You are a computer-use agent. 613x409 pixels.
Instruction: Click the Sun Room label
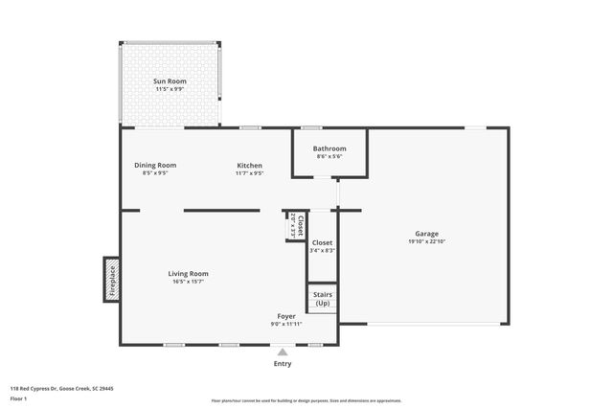tap(170, 81)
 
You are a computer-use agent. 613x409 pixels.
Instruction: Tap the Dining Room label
tap(154, 165)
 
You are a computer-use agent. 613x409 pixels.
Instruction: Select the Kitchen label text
tap(249, 165)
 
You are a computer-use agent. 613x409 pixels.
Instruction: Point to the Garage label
tap(426, 234)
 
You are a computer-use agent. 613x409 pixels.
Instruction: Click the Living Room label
tap(189, 273)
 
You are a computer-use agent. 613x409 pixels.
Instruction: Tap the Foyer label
tap(286, 315)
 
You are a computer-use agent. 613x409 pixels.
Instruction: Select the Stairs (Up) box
tap(322, 298)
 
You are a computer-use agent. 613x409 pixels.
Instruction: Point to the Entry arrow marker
tap(283, 352)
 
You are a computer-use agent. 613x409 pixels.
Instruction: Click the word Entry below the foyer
tap(283, 363)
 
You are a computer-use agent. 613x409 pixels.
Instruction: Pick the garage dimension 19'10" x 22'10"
tap(426, 242)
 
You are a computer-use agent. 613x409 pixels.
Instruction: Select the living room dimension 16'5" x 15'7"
tap(189, 282)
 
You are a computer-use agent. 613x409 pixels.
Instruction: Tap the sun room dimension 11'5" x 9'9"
tap(170, 90)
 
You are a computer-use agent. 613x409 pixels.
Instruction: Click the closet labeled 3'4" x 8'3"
tap(322, 247)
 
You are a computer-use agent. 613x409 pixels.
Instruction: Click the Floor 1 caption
tap(19, 398)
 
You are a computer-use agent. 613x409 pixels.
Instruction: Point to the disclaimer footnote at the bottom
tap(306, 401)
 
